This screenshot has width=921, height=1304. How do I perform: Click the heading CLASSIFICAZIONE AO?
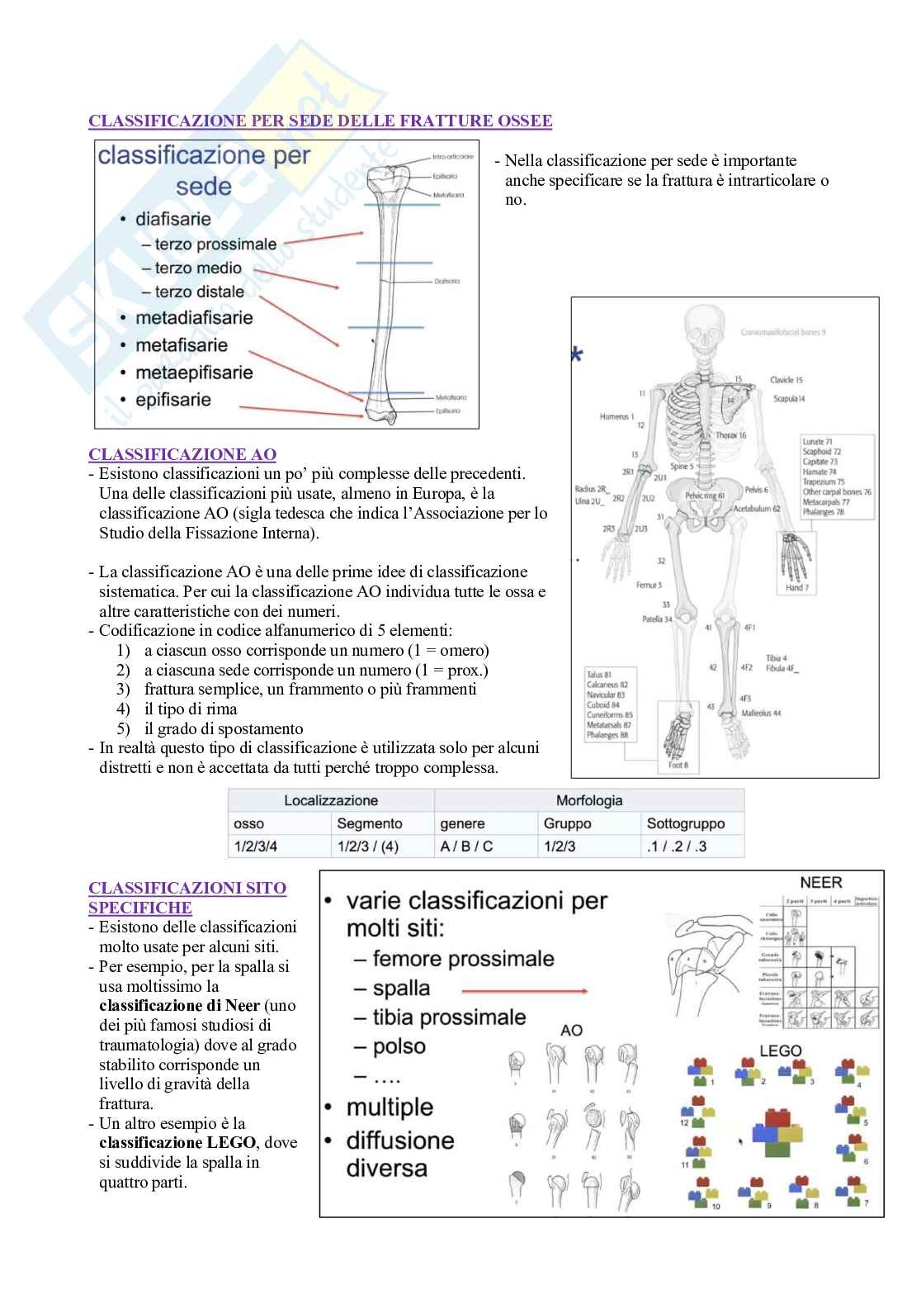click(x=182, y=455)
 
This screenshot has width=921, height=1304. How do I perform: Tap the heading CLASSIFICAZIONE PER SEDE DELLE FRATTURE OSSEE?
click(x=320, y=121)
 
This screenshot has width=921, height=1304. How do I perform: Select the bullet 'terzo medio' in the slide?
click(x=198, y=268)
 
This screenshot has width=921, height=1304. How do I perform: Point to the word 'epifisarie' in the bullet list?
click(x=173, y=400)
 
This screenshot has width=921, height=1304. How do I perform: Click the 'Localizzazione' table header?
click(x=331, y=800)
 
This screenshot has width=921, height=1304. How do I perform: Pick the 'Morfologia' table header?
click(x=589, y=800)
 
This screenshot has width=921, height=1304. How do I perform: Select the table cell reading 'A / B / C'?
click(x=466, y=846)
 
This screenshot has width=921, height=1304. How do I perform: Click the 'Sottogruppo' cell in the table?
click(x=686, y=823)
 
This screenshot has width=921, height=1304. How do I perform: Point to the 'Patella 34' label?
click(x=657, y=619)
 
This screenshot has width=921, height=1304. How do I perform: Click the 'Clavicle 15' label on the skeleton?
click(x=786, y=380)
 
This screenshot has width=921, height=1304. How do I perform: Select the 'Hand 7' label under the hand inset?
click(x=796, y=588)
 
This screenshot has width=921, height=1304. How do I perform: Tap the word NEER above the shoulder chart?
click(x=821, y=882)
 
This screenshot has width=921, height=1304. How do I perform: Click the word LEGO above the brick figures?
click(x=780, y=1051)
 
